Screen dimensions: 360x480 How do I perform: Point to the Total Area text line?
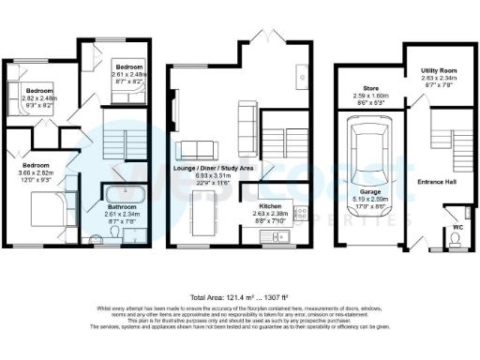click(239, 294)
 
